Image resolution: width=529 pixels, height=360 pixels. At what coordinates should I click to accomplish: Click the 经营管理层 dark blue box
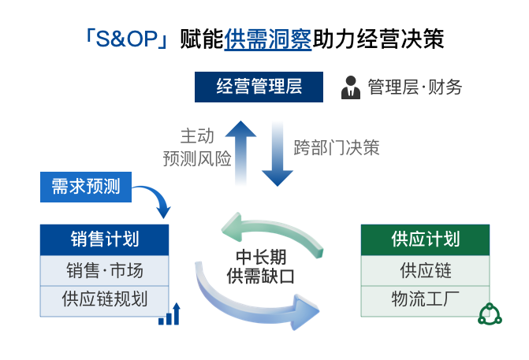[259, 86]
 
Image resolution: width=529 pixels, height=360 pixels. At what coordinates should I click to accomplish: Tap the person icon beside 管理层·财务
[350, 87]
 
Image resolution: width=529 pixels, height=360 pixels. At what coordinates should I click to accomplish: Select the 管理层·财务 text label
[415, 87]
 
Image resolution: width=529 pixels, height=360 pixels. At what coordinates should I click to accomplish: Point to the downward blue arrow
[277, 154]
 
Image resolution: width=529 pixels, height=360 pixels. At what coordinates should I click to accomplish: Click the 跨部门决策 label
[337, 147]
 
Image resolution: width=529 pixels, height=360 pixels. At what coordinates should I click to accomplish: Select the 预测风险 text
[197, 158]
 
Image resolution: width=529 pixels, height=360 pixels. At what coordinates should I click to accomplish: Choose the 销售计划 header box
[105, 239]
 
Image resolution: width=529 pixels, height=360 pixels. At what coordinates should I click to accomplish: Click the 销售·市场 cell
[105, 270]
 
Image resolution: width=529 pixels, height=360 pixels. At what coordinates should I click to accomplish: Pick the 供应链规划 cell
[105, 299]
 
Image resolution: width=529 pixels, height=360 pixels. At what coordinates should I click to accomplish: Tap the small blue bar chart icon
[169, 314]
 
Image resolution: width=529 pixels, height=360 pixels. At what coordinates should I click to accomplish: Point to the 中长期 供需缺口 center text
[260, 266]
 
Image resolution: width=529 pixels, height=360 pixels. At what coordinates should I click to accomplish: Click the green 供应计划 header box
[425, 239]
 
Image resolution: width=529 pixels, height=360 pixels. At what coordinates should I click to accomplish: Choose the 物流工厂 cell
[425, 299]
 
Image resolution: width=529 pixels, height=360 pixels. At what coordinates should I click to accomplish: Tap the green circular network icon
[490, 314]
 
